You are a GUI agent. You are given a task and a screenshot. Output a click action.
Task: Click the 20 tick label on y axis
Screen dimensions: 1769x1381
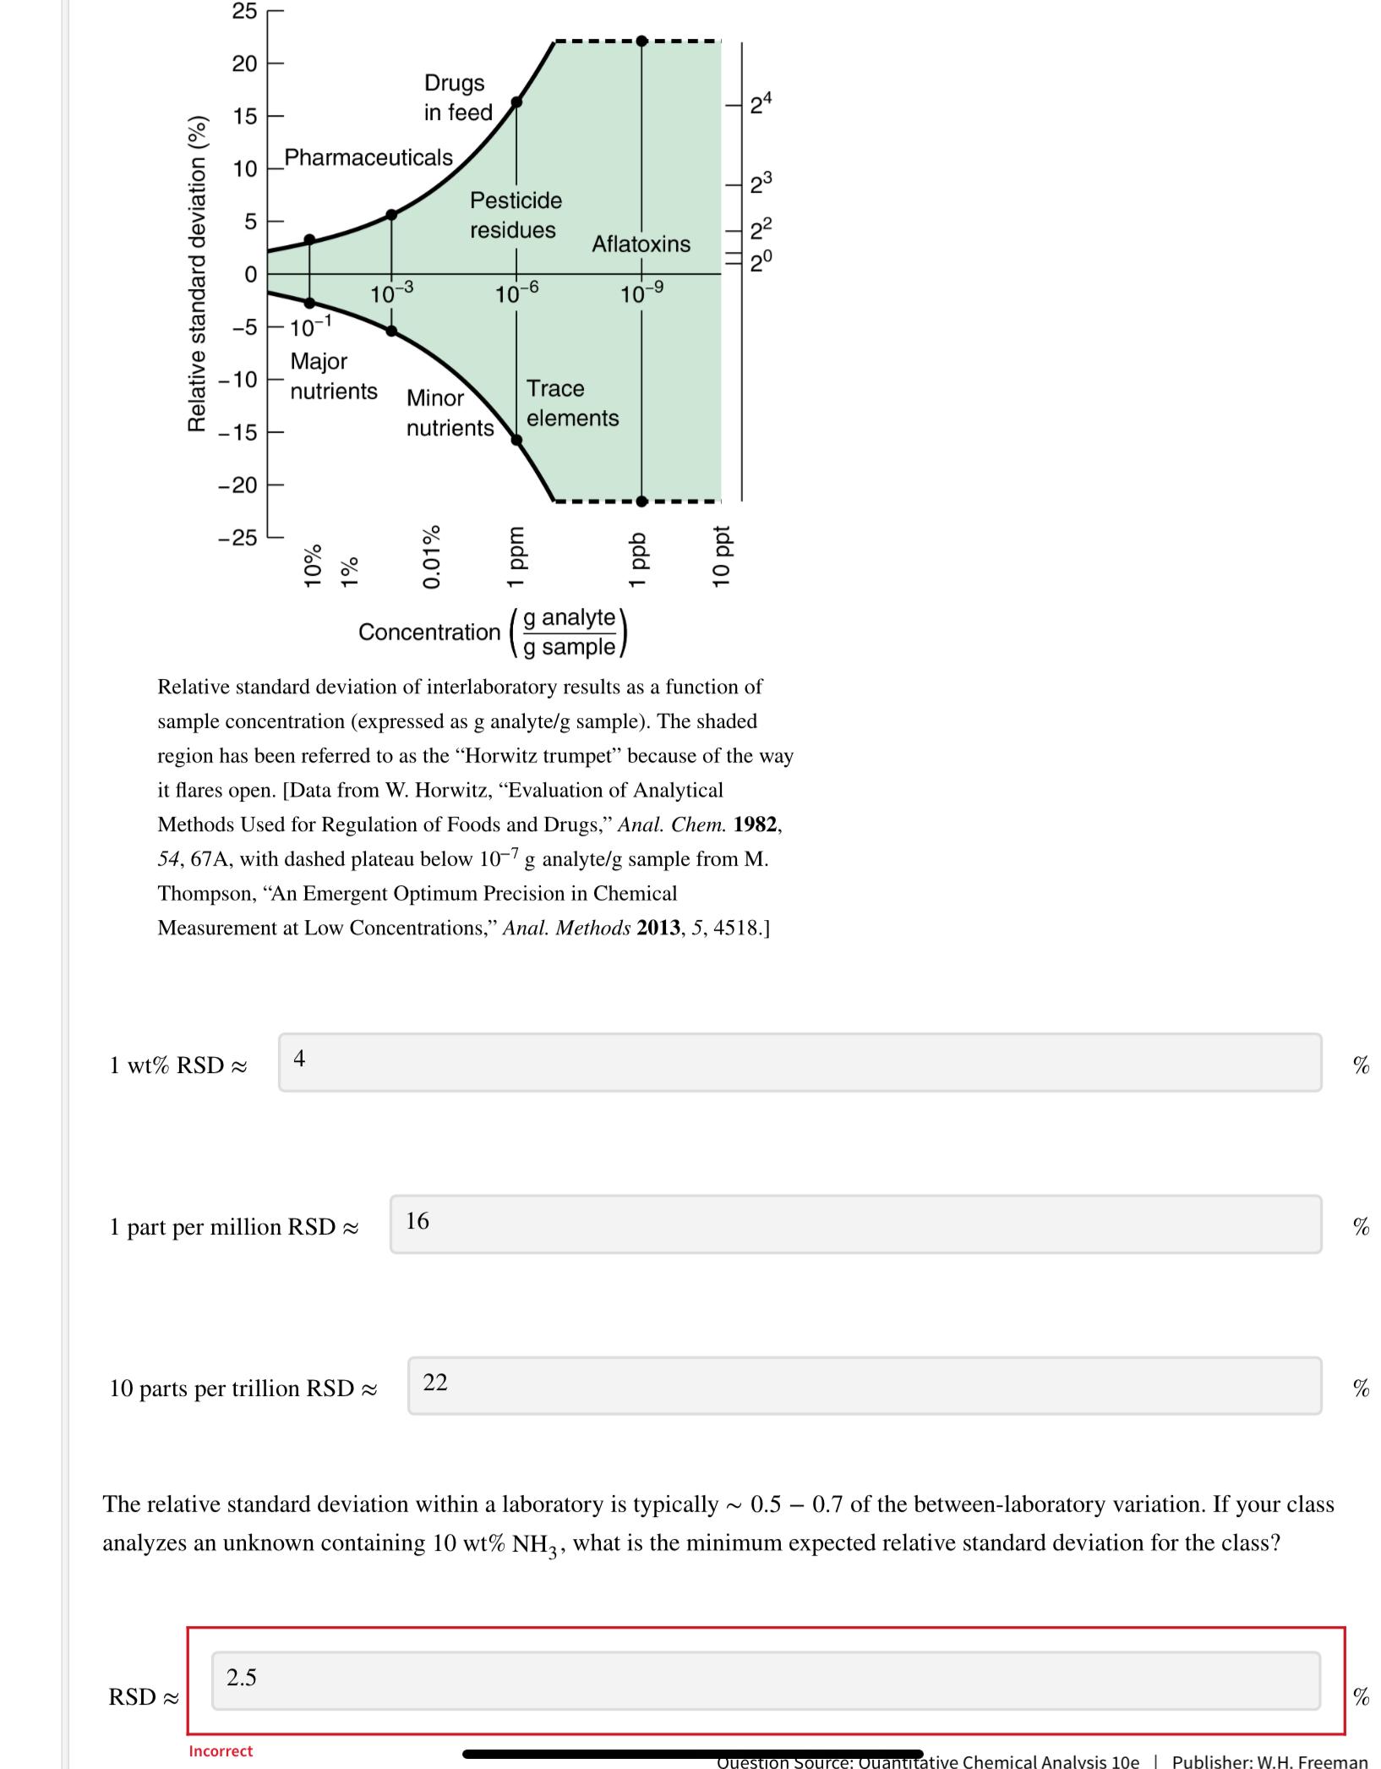click(244, 63)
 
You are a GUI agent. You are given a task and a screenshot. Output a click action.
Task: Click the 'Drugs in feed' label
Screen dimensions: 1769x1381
click(457, 97)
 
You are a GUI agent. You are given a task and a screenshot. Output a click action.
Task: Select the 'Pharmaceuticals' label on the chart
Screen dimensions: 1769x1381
click(368, 157)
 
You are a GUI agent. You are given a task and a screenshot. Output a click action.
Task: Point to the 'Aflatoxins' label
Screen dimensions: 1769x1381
click(641, 244)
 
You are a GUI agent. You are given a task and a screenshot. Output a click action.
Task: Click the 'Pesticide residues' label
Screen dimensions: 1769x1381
click(514, 215)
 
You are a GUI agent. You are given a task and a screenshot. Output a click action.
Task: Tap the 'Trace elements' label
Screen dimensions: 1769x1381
click(572, 403)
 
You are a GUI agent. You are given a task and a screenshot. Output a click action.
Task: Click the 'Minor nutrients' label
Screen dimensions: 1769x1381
click(450, 413)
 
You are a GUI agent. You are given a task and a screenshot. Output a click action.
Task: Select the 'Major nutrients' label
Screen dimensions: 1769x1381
click(333, 376)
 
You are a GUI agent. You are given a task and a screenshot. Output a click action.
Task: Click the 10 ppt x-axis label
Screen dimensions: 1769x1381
click(720, 556)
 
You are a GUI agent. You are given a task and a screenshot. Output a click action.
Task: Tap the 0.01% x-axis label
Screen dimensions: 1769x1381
click(432, 556)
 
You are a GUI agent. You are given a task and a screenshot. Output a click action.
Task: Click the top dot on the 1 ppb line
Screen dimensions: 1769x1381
click(641, 41)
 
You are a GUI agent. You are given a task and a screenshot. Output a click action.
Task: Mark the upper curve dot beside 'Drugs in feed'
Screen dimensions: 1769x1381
click(517, 102)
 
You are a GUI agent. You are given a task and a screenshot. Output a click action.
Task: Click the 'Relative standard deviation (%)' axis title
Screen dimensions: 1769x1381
click(197, 273)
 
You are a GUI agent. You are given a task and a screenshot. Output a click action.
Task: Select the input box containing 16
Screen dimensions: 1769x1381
click(855, 1224)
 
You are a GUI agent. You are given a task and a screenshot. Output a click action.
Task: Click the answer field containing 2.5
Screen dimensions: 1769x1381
click(765, 1680)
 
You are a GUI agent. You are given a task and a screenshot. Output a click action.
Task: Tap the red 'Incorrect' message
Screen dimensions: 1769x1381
click(221, 1750)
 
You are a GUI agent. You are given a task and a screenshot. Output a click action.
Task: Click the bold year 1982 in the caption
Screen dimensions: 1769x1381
click(756, 824)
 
